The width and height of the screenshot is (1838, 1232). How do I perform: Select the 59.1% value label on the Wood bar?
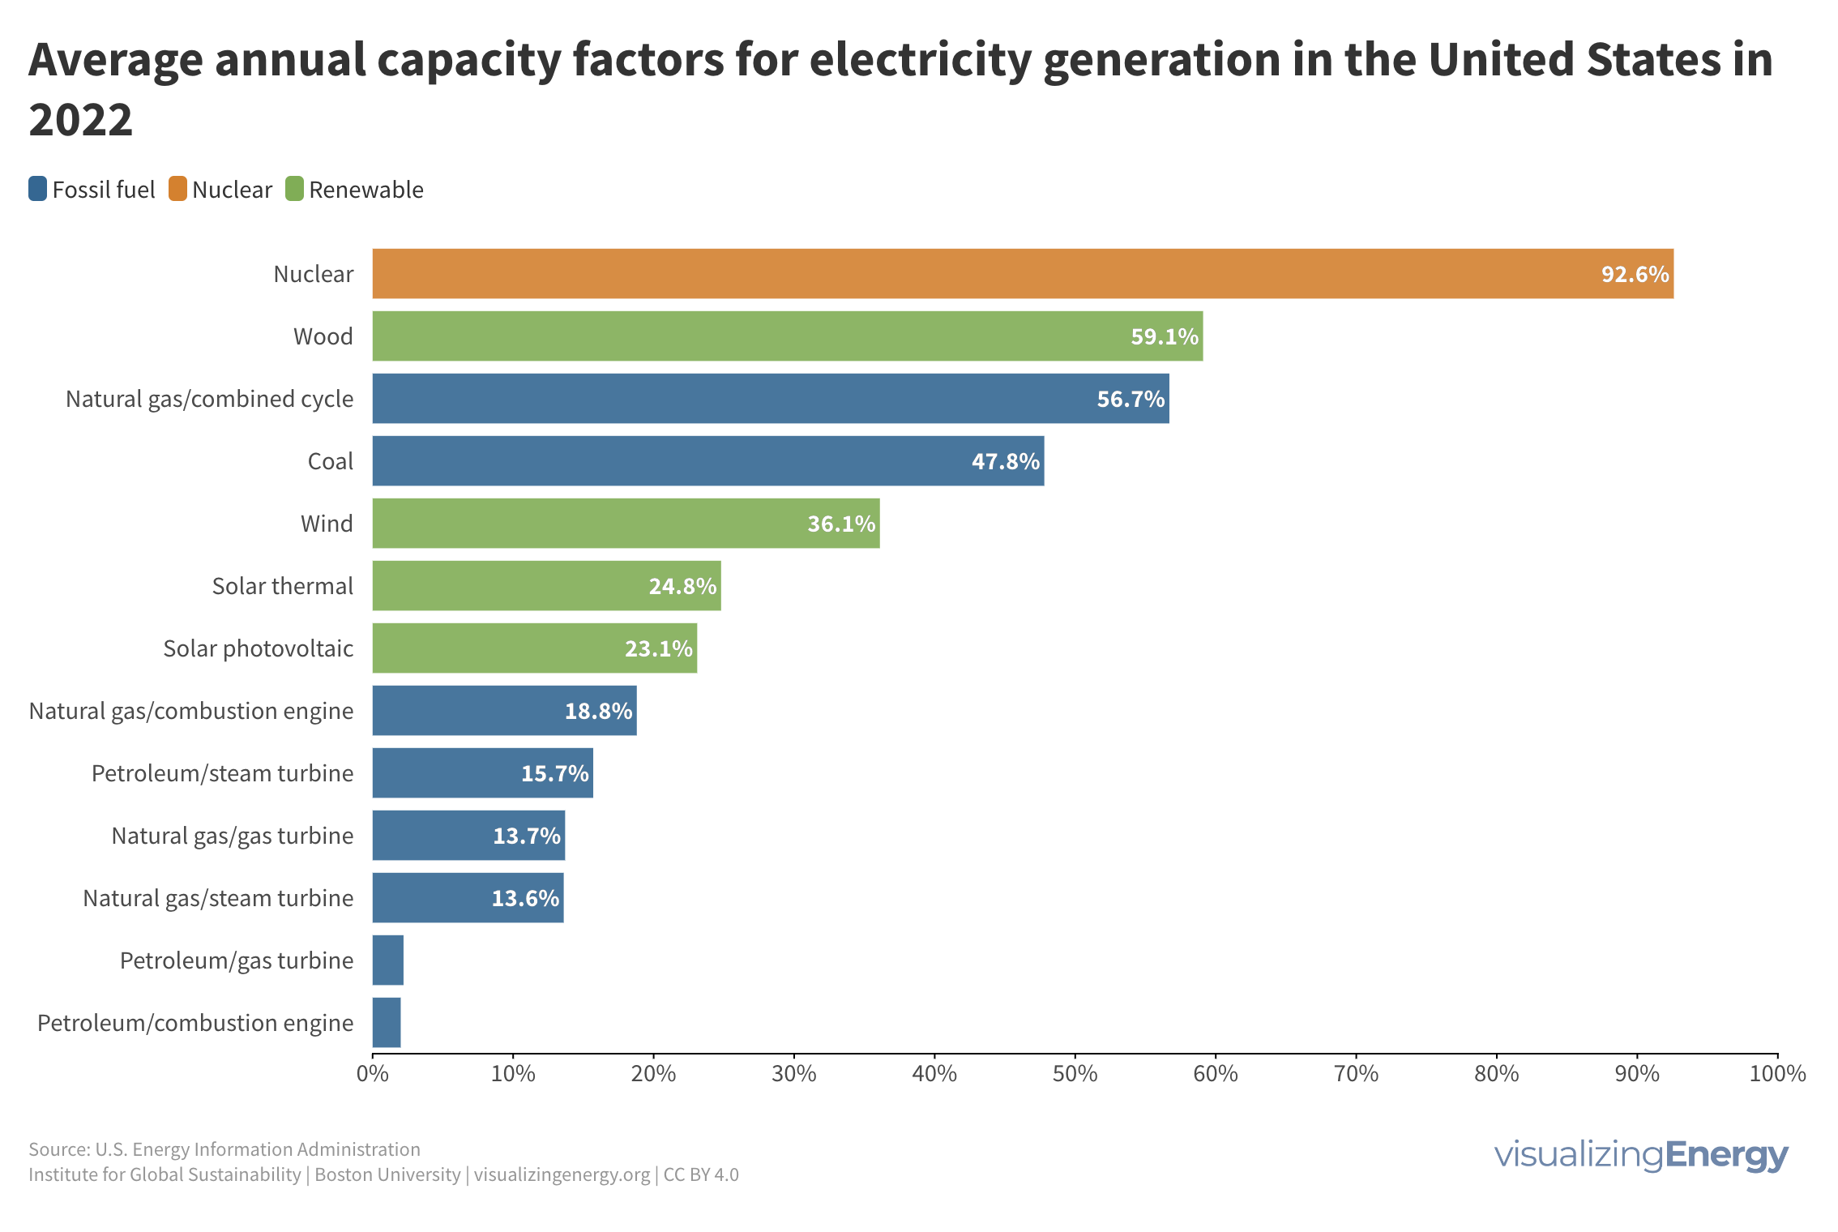tap(1164, 336)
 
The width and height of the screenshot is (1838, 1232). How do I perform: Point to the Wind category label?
tap(327, 524)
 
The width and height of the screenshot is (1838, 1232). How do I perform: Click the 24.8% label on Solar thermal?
tap(682, 586)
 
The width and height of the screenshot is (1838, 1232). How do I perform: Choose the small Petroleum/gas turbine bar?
tap(387, 960)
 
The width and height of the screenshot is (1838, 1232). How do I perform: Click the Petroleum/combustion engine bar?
tap(387, 1023)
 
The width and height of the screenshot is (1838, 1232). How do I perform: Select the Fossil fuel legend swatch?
tap(38, 189)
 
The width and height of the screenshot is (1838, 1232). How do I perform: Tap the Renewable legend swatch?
tap(294, 189)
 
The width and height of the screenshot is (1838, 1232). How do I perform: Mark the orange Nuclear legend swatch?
tap(177, 189)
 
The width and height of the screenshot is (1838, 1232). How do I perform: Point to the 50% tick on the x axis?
tap(1075, 1074)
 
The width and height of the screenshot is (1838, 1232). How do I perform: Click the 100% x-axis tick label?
tap(1777, 1074)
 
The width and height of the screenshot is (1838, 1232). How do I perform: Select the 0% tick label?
tap(373, 1074)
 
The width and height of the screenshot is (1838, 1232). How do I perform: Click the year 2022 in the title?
tap(80, 121)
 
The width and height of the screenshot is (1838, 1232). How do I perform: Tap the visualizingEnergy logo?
tap(1640, 1154)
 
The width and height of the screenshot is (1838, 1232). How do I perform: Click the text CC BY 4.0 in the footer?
tap(701, 1174)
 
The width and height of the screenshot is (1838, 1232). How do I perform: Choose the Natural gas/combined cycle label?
tap(209, 399)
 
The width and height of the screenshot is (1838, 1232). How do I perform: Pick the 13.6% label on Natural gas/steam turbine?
tap(525, 898)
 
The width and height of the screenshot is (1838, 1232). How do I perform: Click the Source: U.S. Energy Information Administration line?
tap(224, 1149)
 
